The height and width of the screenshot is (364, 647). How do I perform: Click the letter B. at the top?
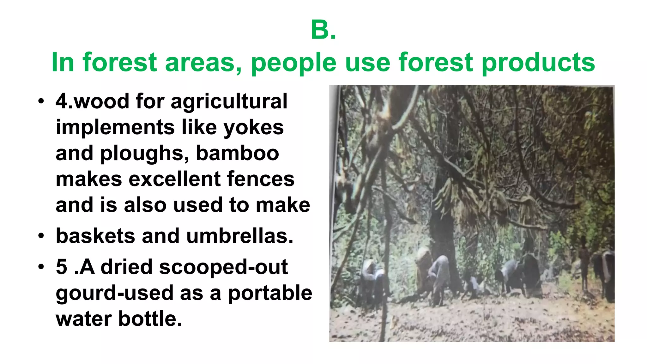point(323,30)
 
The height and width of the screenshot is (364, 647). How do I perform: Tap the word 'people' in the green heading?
point(293,63)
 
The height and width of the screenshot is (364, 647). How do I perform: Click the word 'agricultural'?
point(229,102)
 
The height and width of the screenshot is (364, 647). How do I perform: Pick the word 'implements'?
point(115,128)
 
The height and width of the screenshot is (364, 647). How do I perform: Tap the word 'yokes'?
point(254,128)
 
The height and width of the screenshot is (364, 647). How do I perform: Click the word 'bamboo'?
point(237,154)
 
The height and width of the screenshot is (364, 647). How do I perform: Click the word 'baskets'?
point(95,236)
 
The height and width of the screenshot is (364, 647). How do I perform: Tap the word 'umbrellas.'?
point(240,236)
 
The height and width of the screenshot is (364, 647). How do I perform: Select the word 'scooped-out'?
point(223,267)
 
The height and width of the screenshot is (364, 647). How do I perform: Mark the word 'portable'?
point(270,293)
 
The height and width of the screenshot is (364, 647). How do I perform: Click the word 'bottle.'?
point(150,319)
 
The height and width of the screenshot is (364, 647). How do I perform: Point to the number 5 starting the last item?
point(61,267)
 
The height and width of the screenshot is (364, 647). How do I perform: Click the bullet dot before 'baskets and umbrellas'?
point(41,236)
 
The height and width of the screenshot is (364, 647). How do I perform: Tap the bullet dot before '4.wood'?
point(41,102)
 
